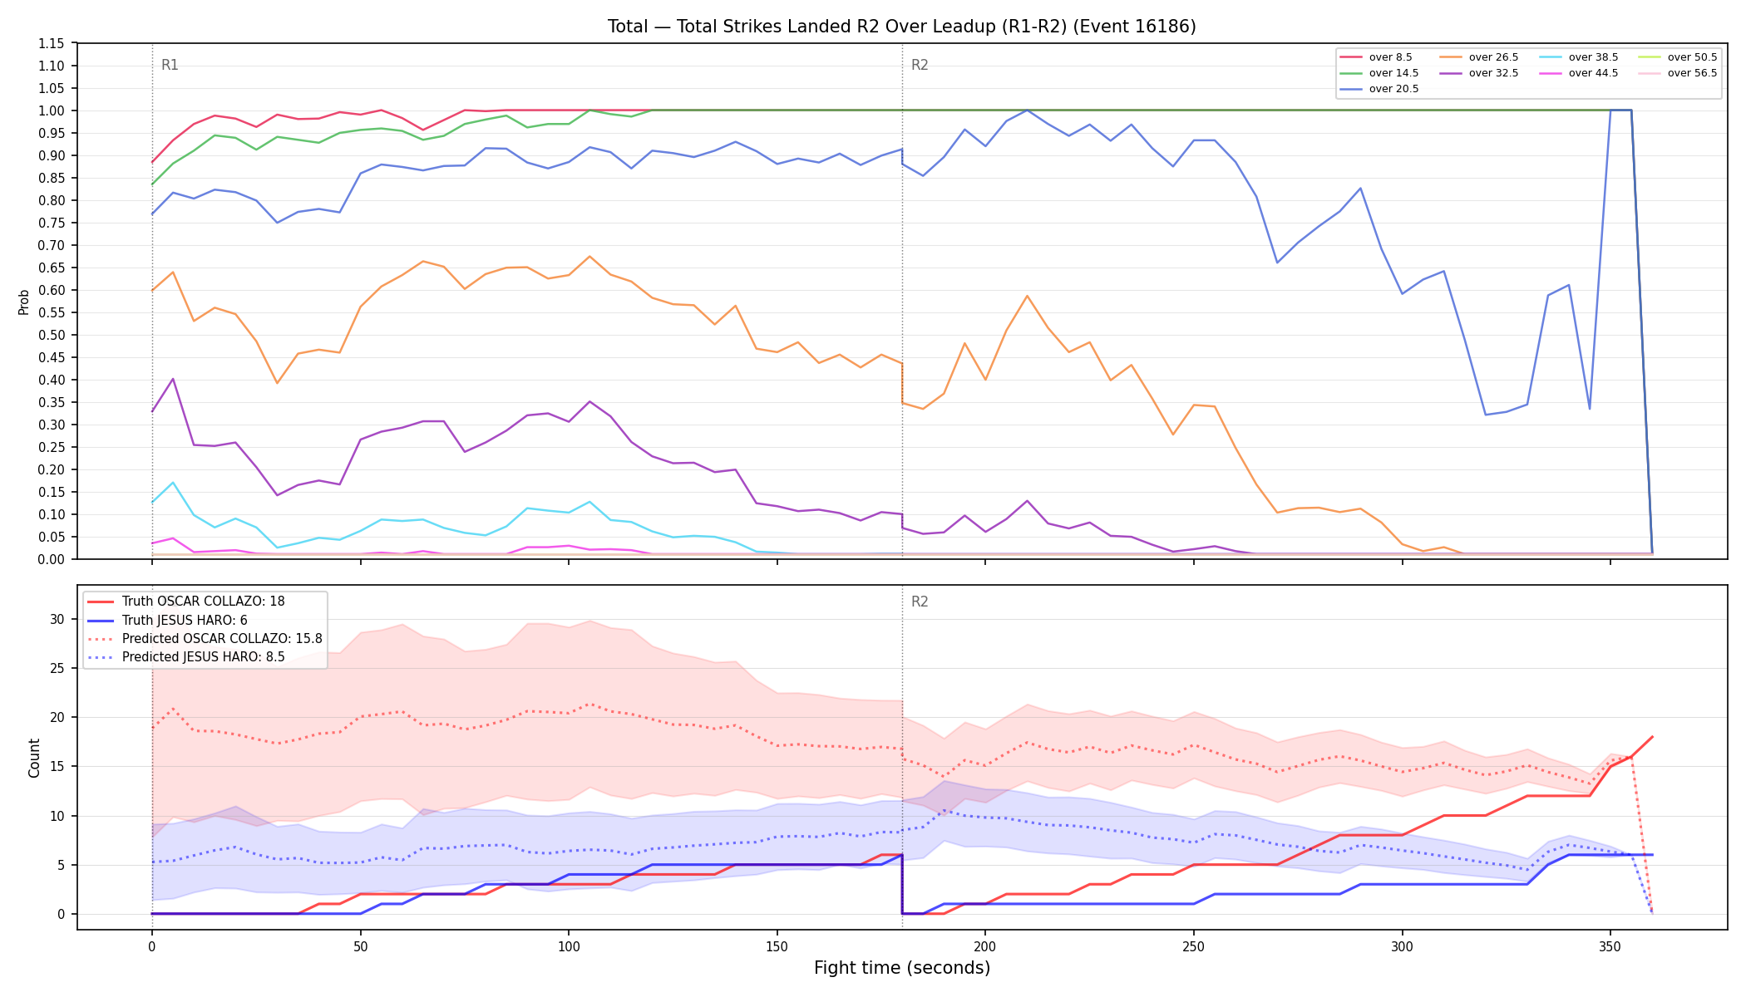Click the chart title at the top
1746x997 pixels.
pyautogui.click(x=901, y=27)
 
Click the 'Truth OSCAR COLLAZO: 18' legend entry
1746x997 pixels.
pyautogui.click(x=186, y=601)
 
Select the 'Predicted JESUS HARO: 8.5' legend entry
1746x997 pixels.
pyautogui.click(x=186, y=657)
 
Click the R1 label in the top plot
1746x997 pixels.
pyautogui.click(x=170, y=65)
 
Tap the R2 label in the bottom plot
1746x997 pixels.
pyautogui.click(x=920, y=602)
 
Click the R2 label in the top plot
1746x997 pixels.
pyautogui.click(x=920, y=65)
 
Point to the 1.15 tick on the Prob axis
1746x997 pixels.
pyautogui.click(x=52, y=43)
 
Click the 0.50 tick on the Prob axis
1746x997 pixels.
pyautogui.click(x=52, y=335)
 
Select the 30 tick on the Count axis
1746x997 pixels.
pyautogui.click(x=57, y=619)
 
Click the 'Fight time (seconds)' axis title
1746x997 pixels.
pyautogui.click(x=902, y=968)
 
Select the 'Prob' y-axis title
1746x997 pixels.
pyautogui.click(x=24, y=302)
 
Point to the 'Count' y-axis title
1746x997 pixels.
pyautogui.click(x=34, y=758)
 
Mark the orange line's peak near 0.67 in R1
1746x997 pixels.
pyautogui.click(x=589, y=256)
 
